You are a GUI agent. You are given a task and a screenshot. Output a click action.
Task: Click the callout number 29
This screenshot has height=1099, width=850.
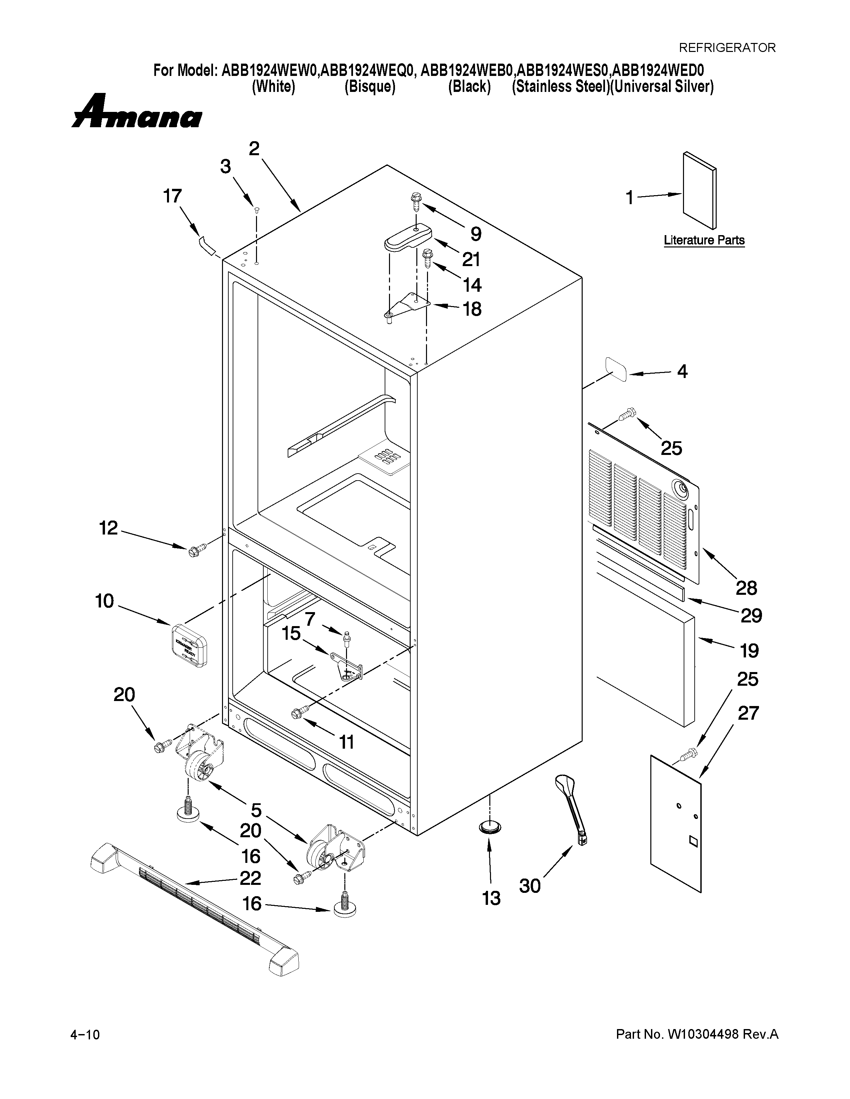pos(751,615)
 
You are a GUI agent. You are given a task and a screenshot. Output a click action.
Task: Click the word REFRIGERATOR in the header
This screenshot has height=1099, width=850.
pos(727,48)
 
